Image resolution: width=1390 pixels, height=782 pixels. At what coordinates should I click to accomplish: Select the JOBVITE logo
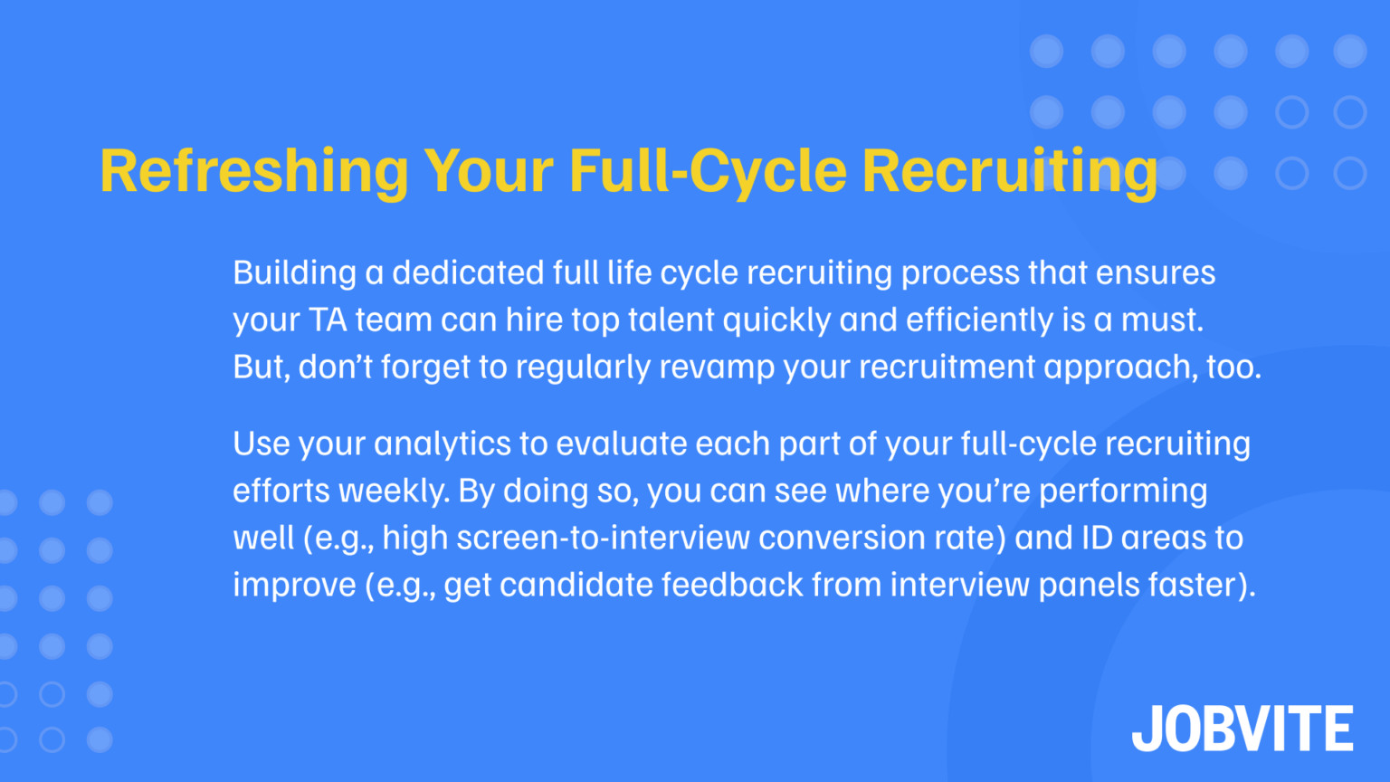tap(1242, 729)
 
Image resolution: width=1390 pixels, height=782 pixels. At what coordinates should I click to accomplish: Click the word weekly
tap(394, 491)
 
